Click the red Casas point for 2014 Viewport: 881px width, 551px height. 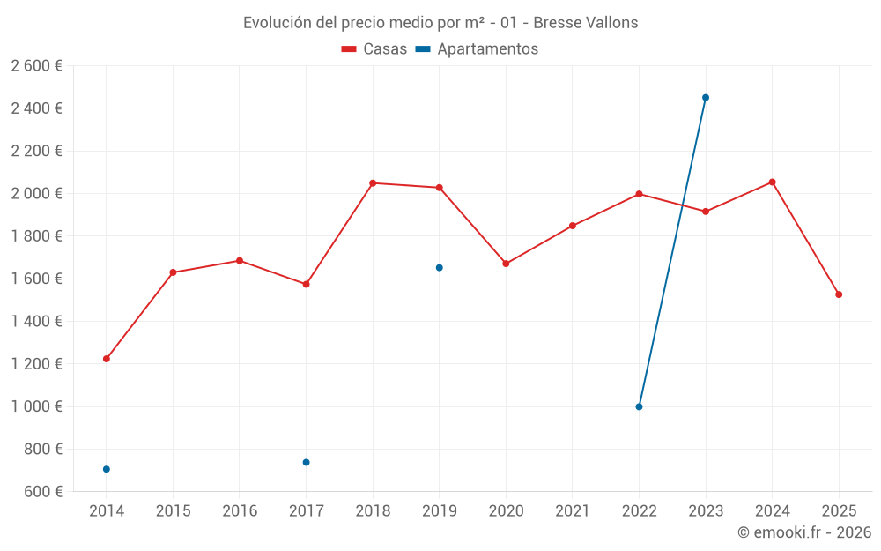click(x=107, y=359)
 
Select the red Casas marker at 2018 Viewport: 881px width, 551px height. click(x=373, y=183)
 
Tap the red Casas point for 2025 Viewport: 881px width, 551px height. click(x=839, y=294)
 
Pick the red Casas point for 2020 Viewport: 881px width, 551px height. click(x=506, y=264)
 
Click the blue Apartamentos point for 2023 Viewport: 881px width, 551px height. click(x=706, y=98)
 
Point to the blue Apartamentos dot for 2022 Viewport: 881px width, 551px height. click(x=639, y=406)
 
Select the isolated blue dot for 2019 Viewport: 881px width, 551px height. click(x=440, y=267)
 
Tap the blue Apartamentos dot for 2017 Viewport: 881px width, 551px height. click(x=307, y=462)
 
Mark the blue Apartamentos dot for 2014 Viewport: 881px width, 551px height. click(x=107, y=469)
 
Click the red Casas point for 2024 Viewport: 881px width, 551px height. click(x=773, y=182)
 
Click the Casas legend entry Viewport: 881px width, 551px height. click(x=374, y=49)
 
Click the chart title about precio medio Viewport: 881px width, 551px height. click(x=440, y=23)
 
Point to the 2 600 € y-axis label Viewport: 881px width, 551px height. click(x=37, y=66)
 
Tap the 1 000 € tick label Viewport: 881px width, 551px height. click(x=37, y=406)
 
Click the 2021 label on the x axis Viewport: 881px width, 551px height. click(x=573, y=511)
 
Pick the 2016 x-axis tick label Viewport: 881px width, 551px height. click(x=240, y=511)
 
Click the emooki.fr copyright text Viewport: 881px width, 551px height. click(x=803, y=532)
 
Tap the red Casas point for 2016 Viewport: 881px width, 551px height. click(x=240, y=261)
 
